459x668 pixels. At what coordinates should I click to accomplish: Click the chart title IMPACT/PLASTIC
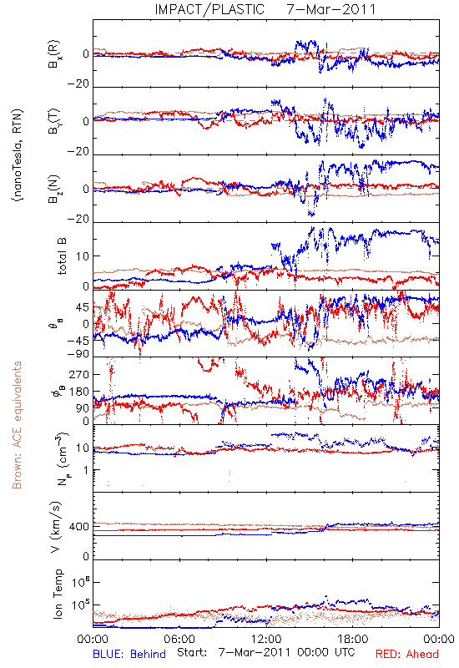pos(209,9)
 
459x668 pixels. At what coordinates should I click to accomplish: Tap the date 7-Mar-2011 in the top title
pos(331,9)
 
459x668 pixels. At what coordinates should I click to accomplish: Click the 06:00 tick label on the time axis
pos(179,639)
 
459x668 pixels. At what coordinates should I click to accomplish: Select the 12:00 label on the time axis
pos(266,639)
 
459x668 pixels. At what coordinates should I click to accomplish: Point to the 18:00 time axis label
pos(353,639)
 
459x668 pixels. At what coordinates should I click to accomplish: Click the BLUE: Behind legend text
pos(129,654)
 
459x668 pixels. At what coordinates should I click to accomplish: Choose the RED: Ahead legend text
pos(407,654)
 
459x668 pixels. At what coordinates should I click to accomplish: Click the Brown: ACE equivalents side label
pos(17,425)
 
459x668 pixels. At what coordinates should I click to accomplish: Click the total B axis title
pos(62,256)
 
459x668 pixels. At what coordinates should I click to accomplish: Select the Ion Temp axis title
pos(58,594)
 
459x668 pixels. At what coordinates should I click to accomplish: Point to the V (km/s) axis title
pos(56,527)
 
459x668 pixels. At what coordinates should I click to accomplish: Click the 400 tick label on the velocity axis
pos(79,527)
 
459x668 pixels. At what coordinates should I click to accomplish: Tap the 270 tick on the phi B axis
pos(79,374)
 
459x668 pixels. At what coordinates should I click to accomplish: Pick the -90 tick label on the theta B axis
pos(78,353)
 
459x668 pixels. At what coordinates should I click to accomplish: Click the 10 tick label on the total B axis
pos(83,256)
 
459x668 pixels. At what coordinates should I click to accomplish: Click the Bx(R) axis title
pos(54,54)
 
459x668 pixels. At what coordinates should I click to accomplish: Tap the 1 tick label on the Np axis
pos(87,470)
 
